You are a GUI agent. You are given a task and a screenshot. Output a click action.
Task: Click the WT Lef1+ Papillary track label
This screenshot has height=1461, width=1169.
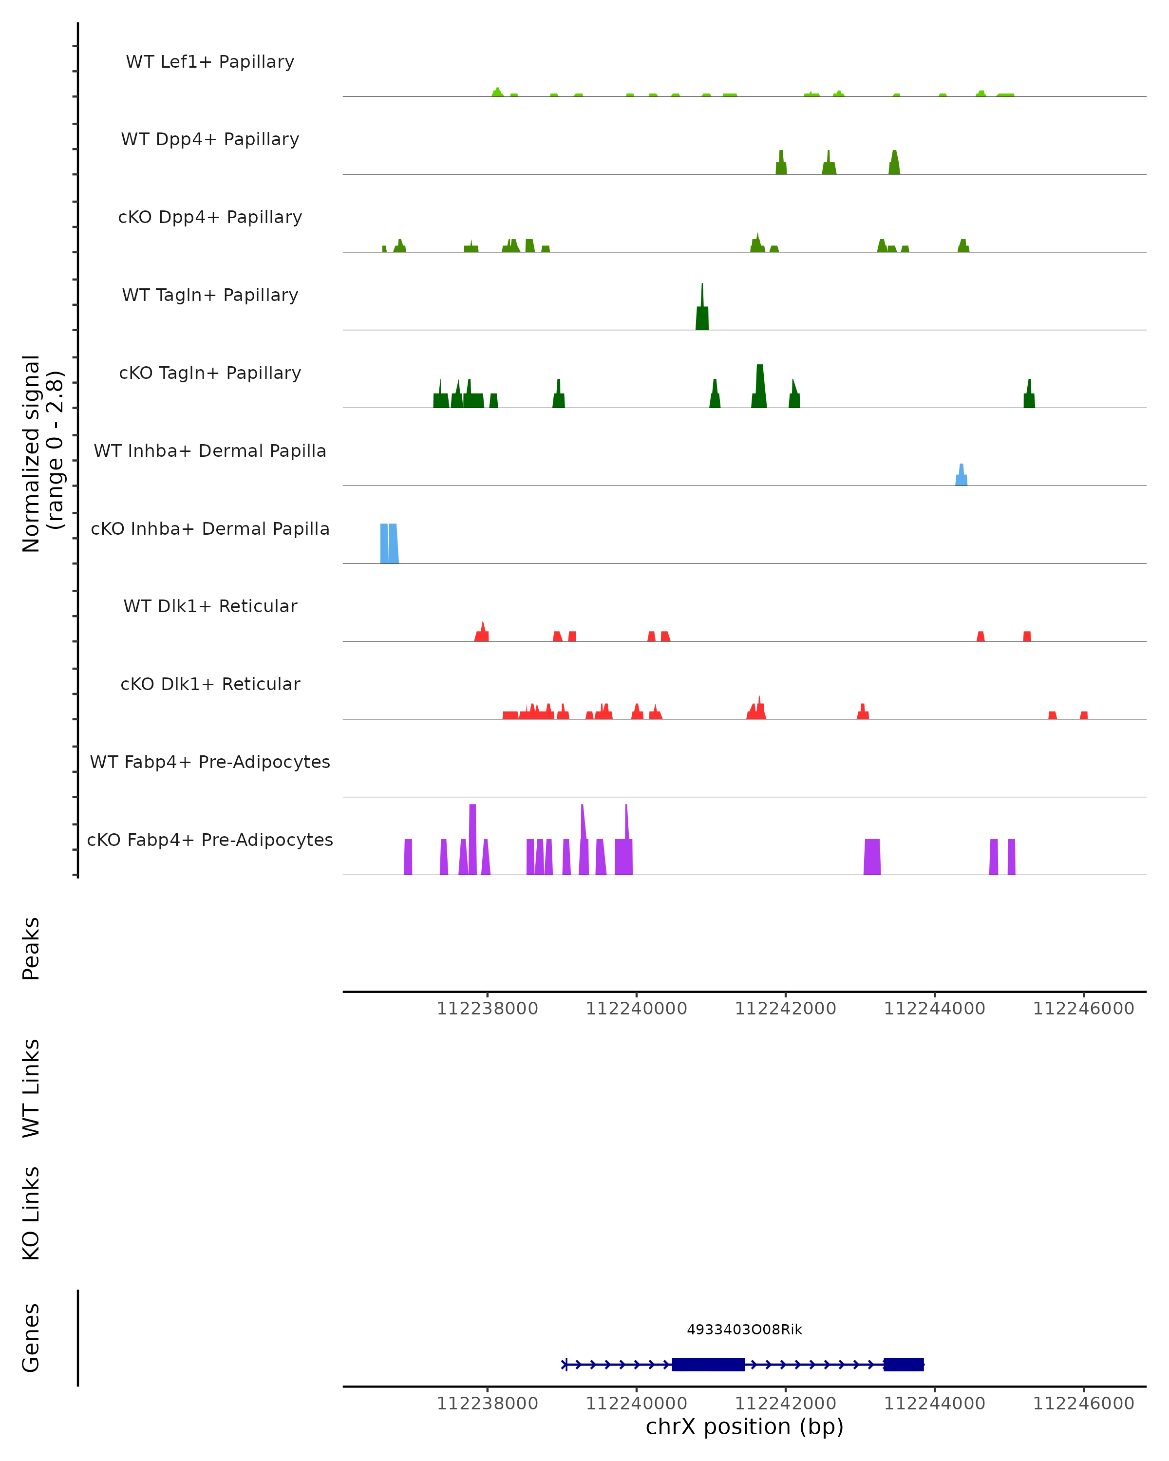[x=210, y=62]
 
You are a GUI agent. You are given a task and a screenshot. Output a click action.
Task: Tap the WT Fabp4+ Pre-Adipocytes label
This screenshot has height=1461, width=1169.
[x=210, y=762]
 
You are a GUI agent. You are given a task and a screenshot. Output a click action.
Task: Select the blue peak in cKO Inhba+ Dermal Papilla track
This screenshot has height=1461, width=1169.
[x=389, y=543]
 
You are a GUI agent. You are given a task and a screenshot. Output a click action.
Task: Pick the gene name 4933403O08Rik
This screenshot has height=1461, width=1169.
[x=744, y=1330]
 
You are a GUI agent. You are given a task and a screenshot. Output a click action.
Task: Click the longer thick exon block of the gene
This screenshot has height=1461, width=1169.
[x=708, y=1364]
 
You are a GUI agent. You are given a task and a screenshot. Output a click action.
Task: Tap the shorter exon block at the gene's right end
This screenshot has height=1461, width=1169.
[x=904, y=1364]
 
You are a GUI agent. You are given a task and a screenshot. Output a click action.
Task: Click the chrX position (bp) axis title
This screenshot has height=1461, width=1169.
[x=744, y=1426]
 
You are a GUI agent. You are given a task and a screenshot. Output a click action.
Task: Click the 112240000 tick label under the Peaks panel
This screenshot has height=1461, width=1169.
[x=636, y=1009]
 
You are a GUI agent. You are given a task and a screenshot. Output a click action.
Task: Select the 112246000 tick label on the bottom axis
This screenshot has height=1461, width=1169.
[x=1083, y=1404]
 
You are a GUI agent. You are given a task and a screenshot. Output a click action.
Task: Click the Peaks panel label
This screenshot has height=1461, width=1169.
[x=31, y=948]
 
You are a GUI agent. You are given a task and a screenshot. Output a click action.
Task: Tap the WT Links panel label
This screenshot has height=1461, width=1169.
[x=31, y=1087]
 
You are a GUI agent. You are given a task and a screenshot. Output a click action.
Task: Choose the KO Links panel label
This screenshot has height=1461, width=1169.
[x=31, y=1213]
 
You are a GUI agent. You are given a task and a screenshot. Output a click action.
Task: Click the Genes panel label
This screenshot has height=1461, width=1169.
[x=31, y=1338]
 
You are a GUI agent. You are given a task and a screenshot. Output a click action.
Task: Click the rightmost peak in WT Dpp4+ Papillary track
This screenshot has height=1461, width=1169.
[x=895, y=165]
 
